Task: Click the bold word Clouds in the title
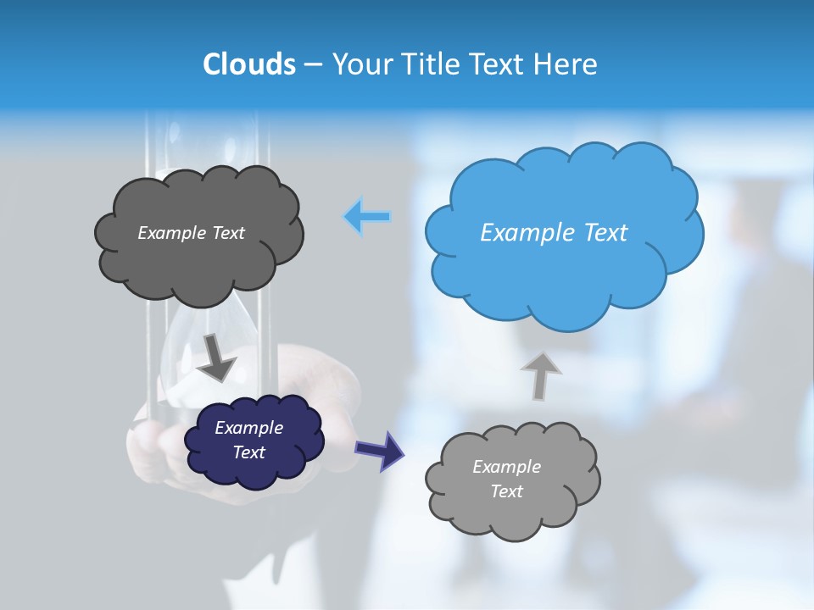click(248, 64)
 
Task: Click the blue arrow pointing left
click(367, 217)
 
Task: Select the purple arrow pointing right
click(379, 450)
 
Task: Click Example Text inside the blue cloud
click(554, 232)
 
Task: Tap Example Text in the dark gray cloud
click(191, 232)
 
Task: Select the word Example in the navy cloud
click(248, 428)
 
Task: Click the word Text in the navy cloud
click(248, 452)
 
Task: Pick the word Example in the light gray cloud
click(506, 467)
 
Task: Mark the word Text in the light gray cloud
click(506, 491)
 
